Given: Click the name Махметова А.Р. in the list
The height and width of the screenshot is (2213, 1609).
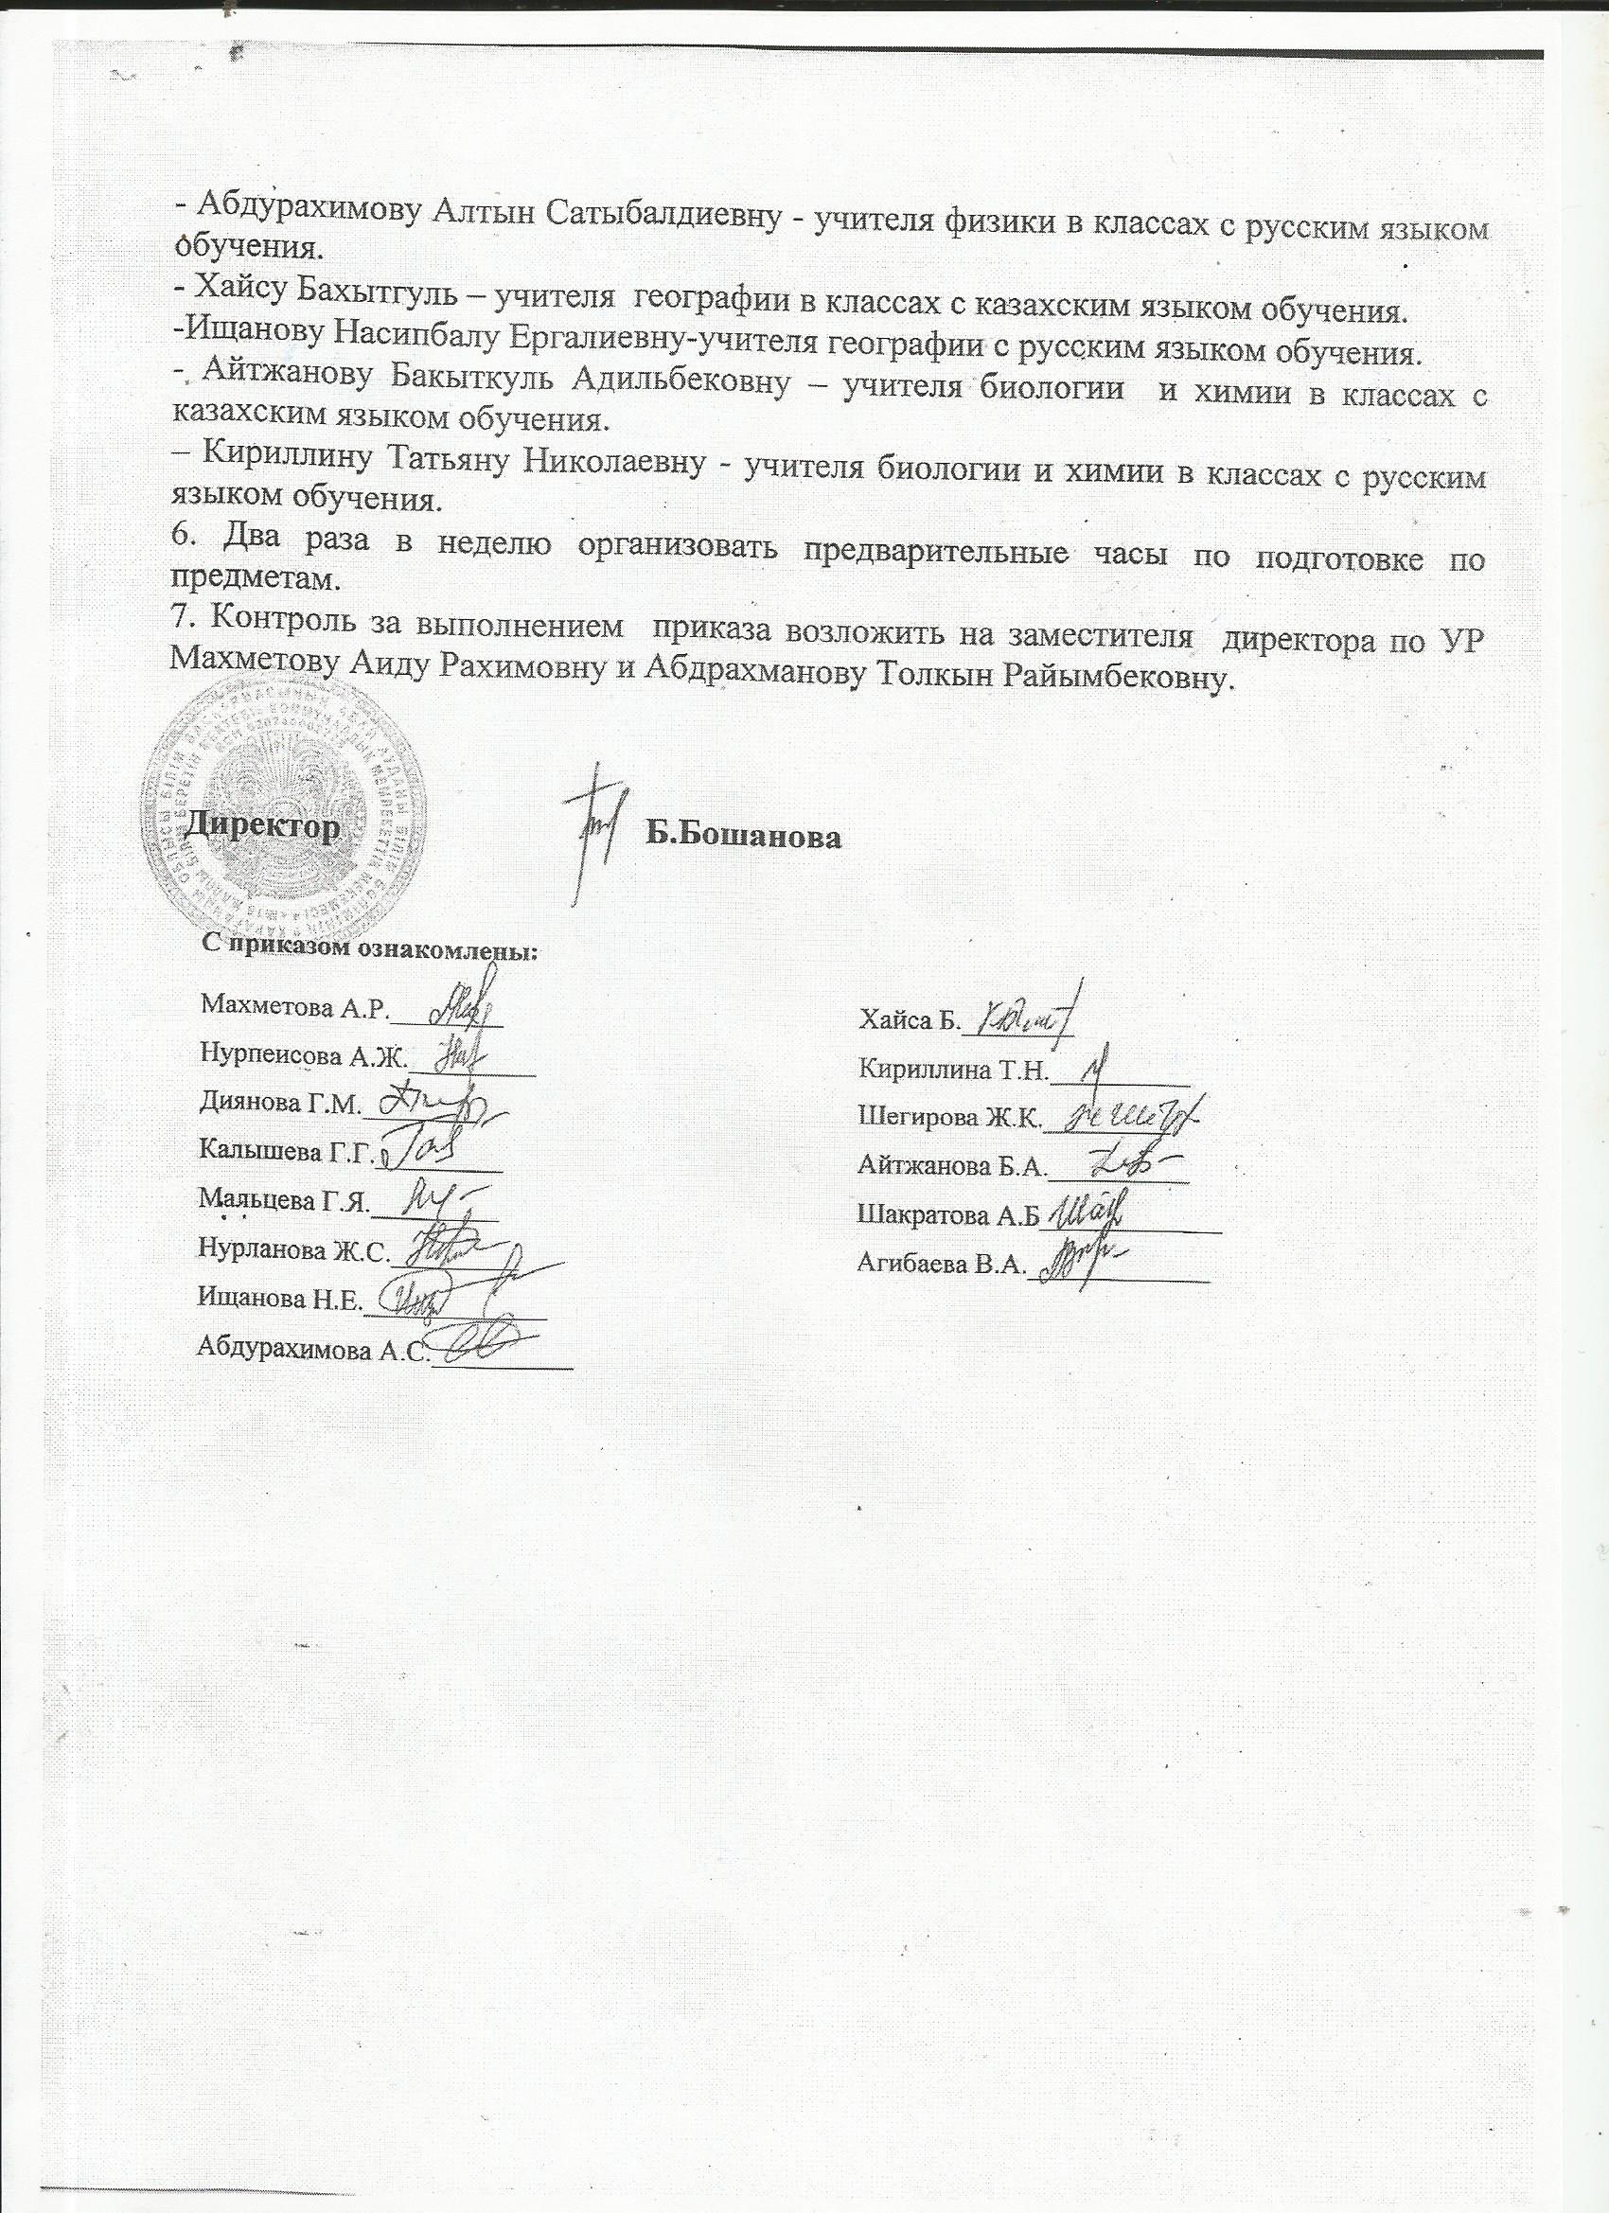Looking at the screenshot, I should [x=293, y=1009].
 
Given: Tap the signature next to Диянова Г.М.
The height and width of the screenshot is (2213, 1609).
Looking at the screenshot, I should [x=439, y=1106].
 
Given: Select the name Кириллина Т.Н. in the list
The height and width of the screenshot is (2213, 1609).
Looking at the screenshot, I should [x=952, y=1071].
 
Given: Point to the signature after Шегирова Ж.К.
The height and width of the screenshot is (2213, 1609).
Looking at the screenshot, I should [x=1132, y=1116].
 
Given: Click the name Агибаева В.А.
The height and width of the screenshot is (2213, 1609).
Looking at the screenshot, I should [x=941, y=1266].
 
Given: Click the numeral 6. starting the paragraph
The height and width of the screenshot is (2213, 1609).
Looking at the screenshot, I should [x=183, y=537].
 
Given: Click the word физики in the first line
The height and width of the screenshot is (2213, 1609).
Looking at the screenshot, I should [x=993, y=224].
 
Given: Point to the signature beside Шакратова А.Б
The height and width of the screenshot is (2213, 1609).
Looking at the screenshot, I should [x=1087, y=1213].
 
